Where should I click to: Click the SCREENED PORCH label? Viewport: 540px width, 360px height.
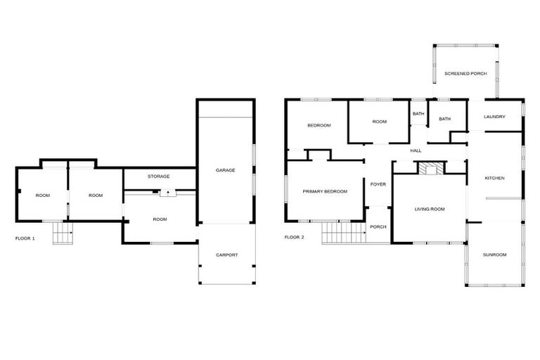465,73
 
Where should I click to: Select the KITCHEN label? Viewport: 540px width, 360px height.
494,178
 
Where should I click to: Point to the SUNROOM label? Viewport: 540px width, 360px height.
494,255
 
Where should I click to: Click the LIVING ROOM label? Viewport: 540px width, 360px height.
429,209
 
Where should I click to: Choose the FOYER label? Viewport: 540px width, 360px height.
378,184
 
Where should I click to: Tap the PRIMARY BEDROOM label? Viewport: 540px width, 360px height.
325,191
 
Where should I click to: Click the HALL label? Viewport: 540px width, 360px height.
415,150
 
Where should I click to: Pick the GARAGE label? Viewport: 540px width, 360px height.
225,170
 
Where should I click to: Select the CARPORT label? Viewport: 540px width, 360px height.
226,255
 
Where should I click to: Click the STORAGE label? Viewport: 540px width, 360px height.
158,176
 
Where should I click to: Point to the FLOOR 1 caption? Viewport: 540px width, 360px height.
25,238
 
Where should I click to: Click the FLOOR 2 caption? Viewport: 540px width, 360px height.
294,237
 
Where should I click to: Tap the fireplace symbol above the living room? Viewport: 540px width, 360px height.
429,168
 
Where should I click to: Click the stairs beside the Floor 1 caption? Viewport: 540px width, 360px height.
63,233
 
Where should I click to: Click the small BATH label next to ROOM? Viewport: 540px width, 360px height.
418,114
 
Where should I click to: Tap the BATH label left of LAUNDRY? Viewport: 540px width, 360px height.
444,119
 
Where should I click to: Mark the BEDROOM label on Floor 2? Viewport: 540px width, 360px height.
319,125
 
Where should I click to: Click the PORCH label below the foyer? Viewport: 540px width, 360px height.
378,226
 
